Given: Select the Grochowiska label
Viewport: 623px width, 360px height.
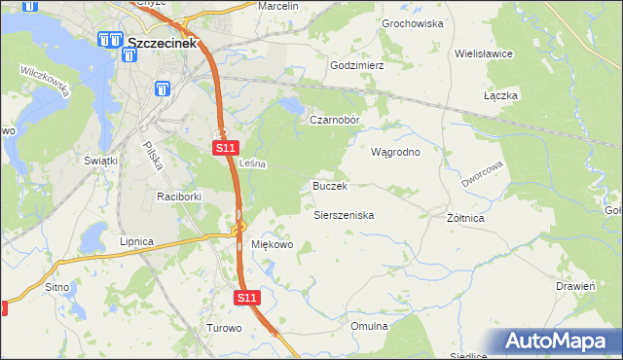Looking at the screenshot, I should click(413, 22).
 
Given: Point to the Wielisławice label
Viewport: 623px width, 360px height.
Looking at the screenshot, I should click(484, 54).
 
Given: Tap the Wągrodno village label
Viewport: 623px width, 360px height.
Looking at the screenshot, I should click(395, 152).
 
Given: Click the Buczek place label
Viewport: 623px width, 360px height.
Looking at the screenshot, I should click(330, 185).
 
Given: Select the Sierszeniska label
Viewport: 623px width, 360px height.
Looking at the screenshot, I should click(344, 215).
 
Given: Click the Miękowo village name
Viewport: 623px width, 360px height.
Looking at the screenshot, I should click(273, 244).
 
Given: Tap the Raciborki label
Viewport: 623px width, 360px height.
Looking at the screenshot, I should click(179, 197).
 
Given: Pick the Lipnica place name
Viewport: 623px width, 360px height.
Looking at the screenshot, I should click(136, 240).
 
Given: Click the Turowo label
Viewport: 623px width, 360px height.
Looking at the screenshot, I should click(224, 328).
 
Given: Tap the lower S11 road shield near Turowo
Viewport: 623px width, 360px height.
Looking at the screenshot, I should click(248, 297).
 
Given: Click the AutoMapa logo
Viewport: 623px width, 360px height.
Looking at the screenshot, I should click(558, 342).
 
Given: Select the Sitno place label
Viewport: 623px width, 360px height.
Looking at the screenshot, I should click(57, 287).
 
